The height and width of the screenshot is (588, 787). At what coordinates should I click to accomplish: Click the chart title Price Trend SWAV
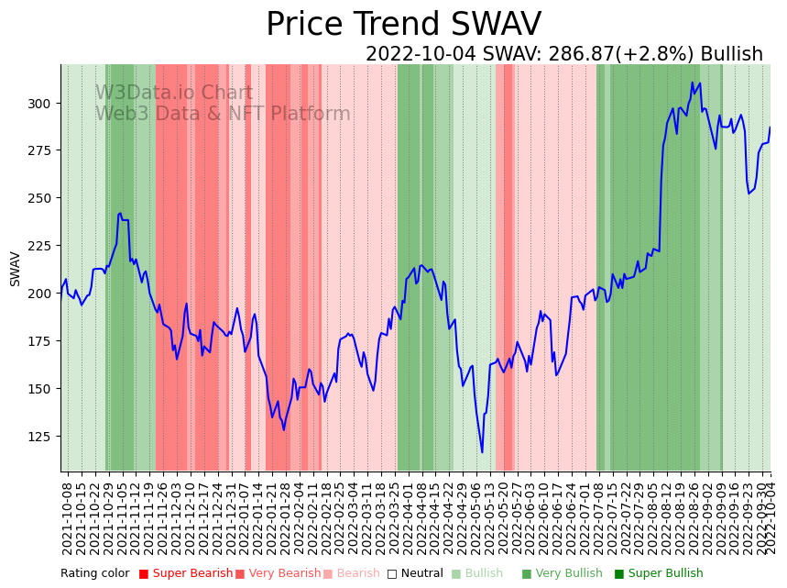403,25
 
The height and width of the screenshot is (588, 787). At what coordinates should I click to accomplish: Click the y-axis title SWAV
16,269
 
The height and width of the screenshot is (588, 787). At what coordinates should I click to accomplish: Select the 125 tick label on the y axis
43,436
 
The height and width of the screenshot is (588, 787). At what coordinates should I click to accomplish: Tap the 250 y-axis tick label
43,198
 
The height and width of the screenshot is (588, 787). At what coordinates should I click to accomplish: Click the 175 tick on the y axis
43,341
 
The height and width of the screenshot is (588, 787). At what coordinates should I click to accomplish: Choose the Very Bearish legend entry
279,574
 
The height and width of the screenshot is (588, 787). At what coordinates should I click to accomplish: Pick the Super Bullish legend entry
659,574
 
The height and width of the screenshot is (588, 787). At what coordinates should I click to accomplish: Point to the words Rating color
95,574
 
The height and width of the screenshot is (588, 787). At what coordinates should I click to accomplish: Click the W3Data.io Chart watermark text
174,93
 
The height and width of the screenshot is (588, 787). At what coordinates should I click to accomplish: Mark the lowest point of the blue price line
482,451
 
